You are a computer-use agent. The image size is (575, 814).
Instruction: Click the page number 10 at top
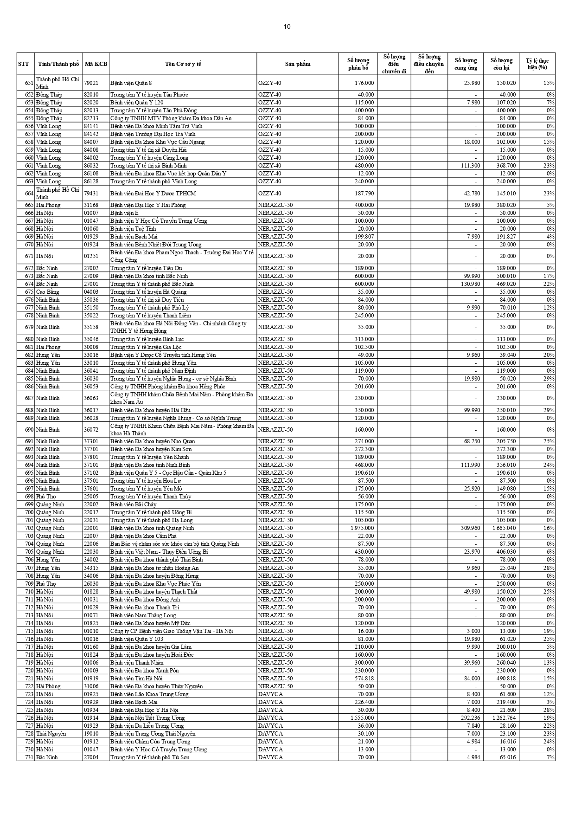pos(287,26)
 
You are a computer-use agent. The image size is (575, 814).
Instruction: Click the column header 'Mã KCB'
pos(96,64)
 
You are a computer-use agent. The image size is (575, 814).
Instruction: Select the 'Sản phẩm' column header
pos(298,64)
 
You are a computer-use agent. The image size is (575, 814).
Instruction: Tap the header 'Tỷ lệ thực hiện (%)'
pos(537,64)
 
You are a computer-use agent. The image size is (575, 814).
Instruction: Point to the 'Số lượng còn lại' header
pos(501,64)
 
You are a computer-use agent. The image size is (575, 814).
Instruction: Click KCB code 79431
pos(91,194)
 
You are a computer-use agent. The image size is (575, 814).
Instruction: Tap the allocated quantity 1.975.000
pos(362,528)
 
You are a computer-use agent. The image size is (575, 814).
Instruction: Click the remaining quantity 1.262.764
pos(503,718)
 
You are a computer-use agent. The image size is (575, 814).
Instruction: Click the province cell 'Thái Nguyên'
pos(51,734)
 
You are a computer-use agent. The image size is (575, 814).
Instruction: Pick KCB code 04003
pos(91,292)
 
